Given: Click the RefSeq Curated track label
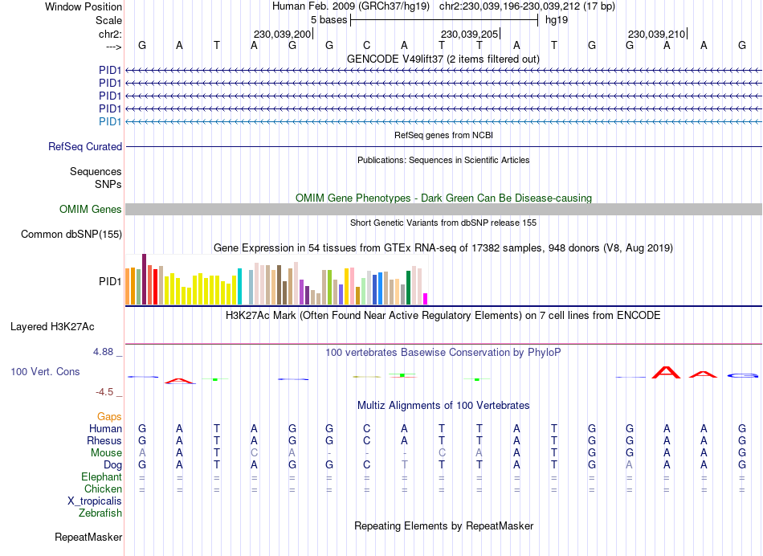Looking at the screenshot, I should (85, 147).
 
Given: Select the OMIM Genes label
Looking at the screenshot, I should (91, 210).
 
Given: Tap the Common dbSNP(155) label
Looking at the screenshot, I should (71, 235).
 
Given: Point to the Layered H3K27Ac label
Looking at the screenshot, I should (52, 327).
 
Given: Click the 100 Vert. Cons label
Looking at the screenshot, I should (45, 372).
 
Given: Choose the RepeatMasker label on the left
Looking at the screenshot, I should (88, 537).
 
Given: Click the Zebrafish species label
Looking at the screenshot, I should (100, 513).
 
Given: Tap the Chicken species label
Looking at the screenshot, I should (103, 489).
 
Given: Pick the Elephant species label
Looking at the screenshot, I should (101, 476).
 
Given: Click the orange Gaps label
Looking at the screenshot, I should (110, 416).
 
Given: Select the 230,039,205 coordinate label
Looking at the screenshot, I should (469, 35).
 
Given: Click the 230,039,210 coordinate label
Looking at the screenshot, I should (656, 35).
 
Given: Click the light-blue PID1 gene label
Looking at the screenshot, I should (110, 121).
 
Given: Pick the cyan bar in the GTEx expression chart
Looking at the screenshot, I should (240, 287).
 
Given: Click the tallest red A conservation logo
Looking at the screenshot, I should (666, 371).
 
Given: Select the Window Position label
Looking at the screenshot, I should (84, 6).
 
